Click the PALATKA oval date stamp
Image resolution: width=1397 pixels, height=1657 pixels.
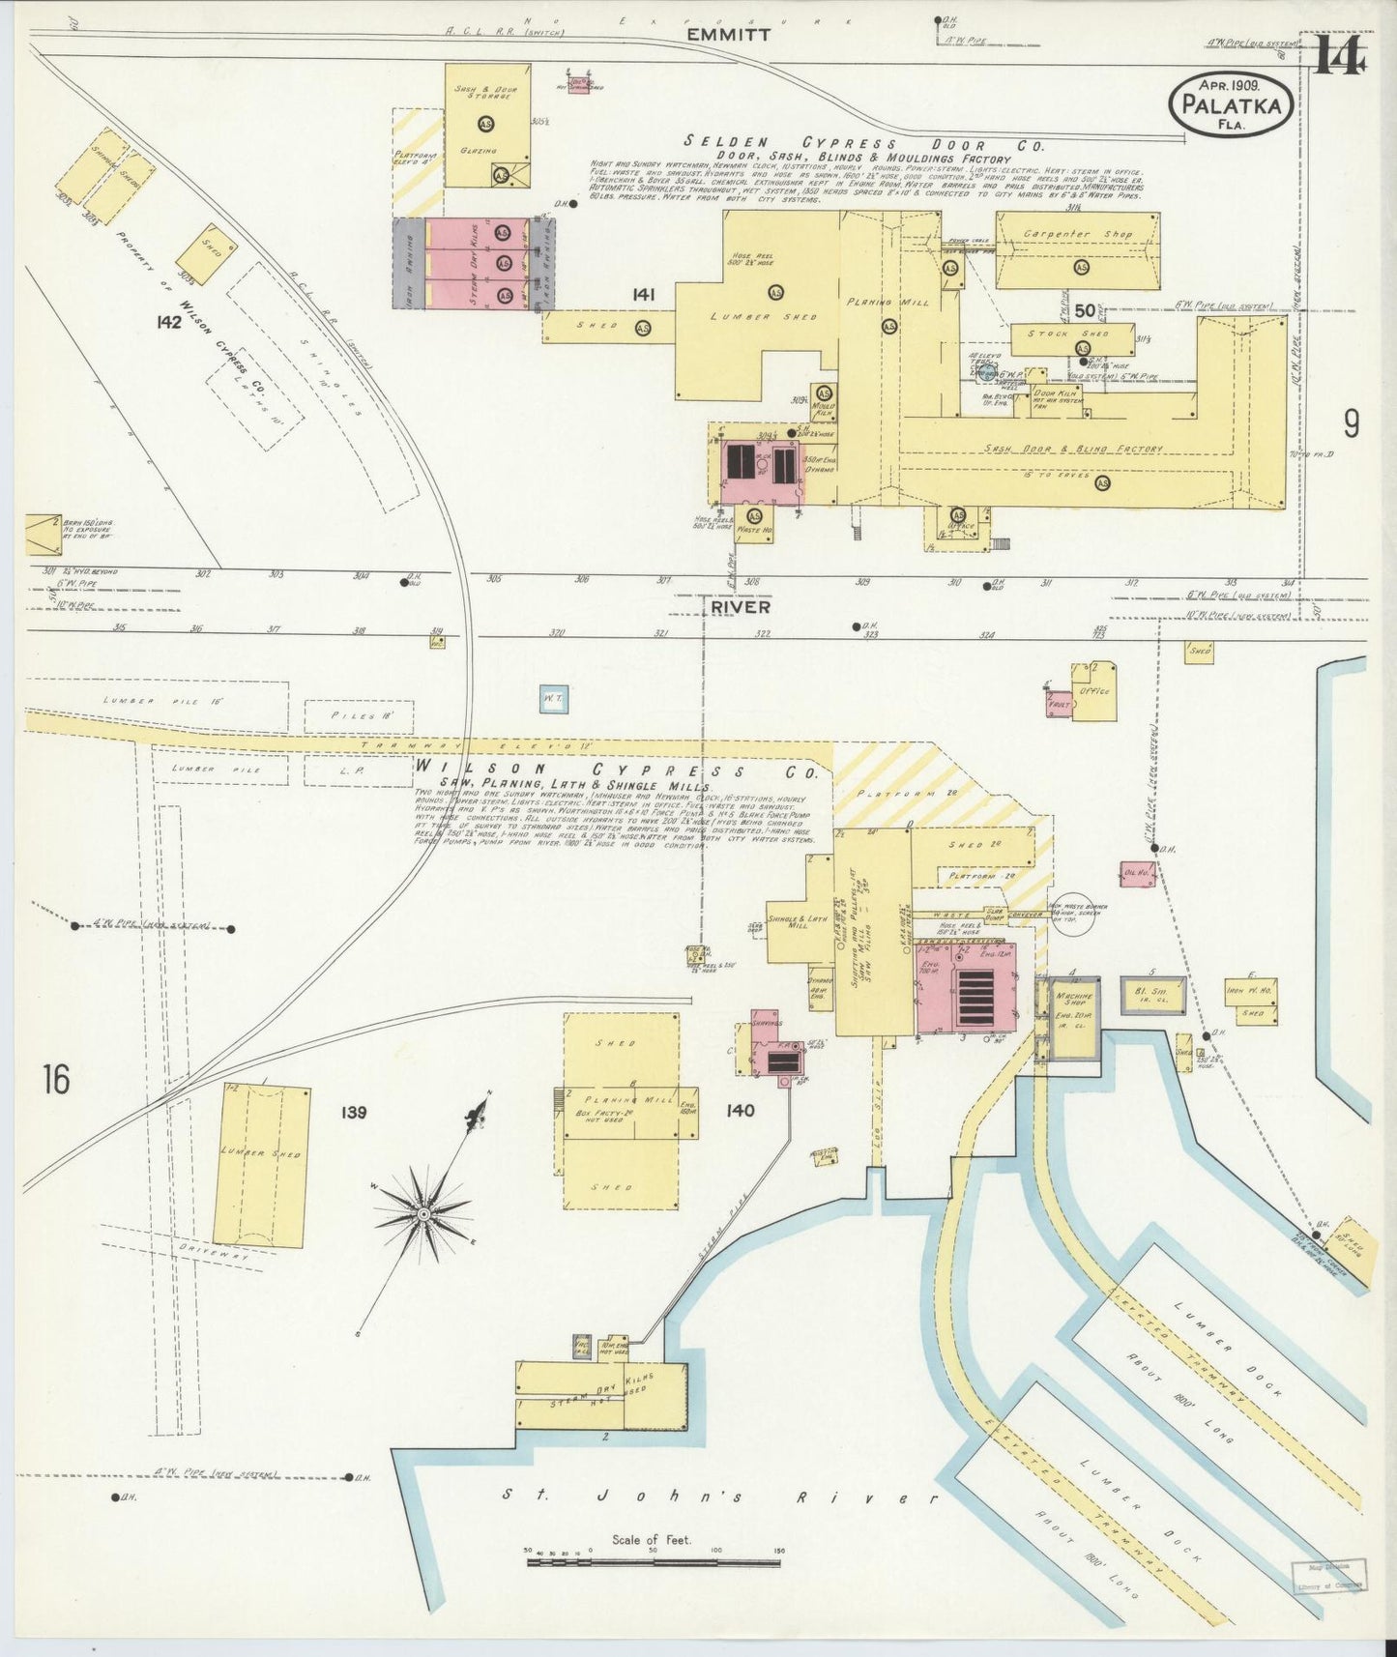click(x=1231, y=105)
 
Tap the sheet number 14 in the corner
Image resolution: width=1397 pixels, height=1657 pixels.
click(x=1339, y=56)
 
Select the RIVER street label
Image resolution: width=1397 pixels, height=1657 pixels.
click(x=741, y=607)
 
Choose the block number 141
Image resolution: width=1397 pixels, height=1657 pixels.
click(x=645, y=295)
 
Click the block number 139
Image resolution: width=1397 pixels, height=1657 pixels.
click(x=353, y=1113)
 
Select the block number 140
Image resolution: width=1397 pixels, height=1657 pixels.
click(x=741, y=1111)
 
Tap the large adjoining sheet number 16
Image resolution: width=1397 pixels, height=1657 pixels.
click(x=56, y=1079)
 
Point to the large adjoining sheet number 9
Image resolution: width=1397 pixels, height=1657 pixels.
click(x=1351, y=423)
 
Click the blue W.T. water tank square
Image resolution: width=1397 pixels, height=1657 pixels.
click(x=553, y=700)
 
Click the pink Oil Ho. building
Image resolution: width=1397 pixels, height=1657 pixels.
click(x=1136, y=875)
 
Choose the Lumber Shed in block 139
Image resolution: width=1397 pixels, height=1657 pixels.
click(x=262, y=1158)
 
